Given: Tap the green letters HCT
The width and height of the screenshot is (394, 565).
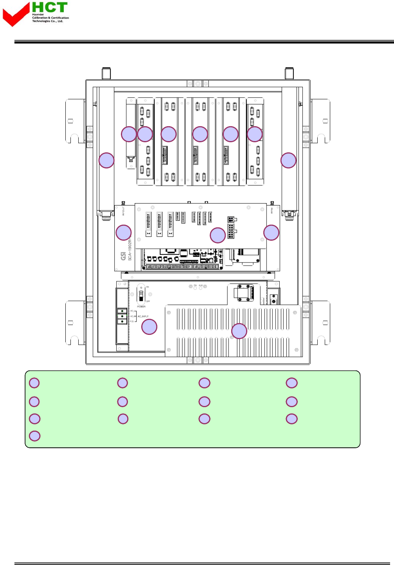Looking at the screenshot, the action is (x=50, y=7).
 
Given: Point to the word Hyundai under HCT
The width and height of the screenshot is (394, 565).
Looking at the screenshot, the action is (x=38, y=14).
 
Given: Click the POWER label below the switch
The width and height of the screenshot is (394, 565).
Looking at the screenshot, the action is (x=141, y=307).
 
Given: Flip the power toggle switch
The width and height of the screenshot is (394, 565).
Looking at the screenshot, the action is (x=141, y=295).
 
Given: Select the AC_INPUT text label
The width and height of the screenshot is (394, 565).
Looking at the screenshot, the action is (x=143, y=316).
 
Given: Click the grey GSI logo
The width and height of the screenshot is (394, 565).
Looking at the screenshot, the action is (x=124, y=256).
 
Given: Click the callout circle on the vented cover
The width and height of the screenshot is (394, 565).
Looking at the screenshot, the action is (x=239, y=331).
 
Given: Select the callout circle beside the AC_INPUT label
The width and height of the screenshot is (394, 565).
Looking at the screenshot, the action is (x=149, y=327).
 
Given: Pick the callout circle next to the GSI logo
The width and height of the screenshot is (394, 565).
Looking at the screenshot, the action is (x=124, y=233).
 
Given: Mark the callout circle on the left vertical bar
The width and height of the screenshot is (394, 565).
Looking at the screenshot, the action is (x=106, y=160).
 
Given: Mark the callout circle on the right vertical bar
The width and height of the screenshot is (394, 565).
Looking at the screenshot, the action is (x=289, y=160).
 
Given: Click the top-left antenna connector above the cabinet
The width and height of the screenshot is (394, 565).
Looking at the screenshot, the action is (x=106, y=73).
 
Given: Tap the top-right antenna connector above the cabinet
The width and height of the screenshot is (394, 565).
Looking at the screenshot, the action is (x=289, y=73).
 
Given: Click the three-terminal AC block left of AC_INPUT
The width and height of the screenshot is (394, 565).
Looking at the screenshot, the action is (x=122, y=316).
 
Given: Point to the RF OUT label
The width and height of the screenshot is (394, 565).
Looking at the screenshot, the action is (x=123, y=211).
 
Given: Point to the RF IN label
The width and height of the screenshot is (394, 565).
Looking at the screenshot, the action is (x=272, y=211).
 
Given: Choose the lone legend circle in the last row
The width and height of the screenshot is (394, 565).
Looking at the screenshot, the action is (x=35, y=436).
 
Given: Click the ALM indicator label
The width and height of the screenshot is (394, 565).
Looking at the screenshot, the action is (x=201, y=286).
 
